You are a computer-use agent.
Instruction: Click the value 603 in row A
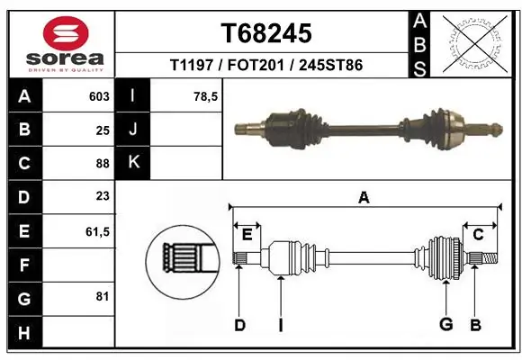99,96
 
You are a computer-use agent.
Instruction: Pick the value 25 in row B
102,130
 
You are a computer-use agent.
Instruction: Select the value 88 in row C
102,164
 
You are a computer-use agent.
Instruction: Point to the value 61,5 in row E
97,231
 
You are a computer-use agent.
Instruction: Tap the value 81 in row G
102,295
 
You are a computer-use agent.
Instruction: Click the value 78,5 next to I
206,96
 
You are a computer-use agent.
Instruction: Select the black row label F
24,265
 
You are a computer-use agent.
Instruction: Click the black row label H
24,333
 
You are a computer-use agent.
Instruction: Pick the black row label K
133,163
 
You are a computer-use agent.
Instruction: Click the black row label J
133,130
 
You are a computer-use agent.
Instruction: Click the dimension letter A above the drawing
364,197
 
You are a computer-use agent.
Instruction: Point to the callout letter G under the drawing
445,325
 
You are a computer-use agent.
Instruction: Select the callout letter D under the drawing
239,325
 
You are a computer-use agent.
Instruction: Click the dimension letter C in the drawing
478,234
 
